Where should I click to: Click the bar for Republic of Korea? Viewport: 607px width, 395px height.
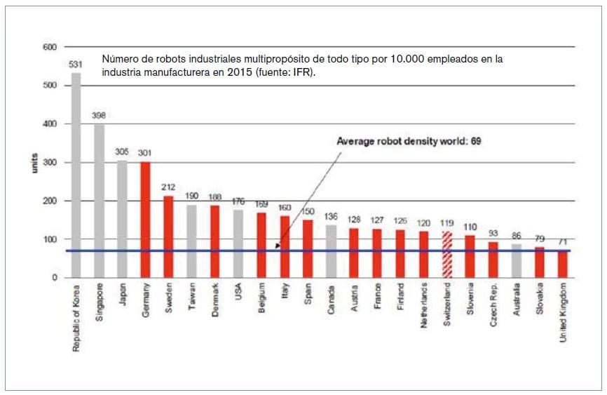(76, 175)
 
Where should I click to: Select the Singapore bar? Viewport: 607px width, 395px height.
(99, 201)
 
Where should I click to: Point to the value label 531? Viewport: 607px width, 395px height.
(76, 65)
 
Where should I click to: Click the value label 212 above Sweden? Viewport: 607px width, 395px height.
(168, 187)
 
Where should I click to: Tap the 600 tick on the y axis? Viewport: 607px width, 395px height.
(49, 48)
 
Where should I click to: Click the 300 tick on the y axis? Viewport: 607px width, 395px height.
(49, 163)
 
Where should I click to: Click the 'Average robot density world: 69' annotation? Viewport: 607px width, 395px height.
(409, 140)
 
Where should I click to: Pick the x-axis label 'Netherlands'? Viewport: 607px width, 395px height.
(424, 307)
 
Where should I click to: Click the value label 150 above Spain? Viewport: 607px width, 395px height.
(307, 211)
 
